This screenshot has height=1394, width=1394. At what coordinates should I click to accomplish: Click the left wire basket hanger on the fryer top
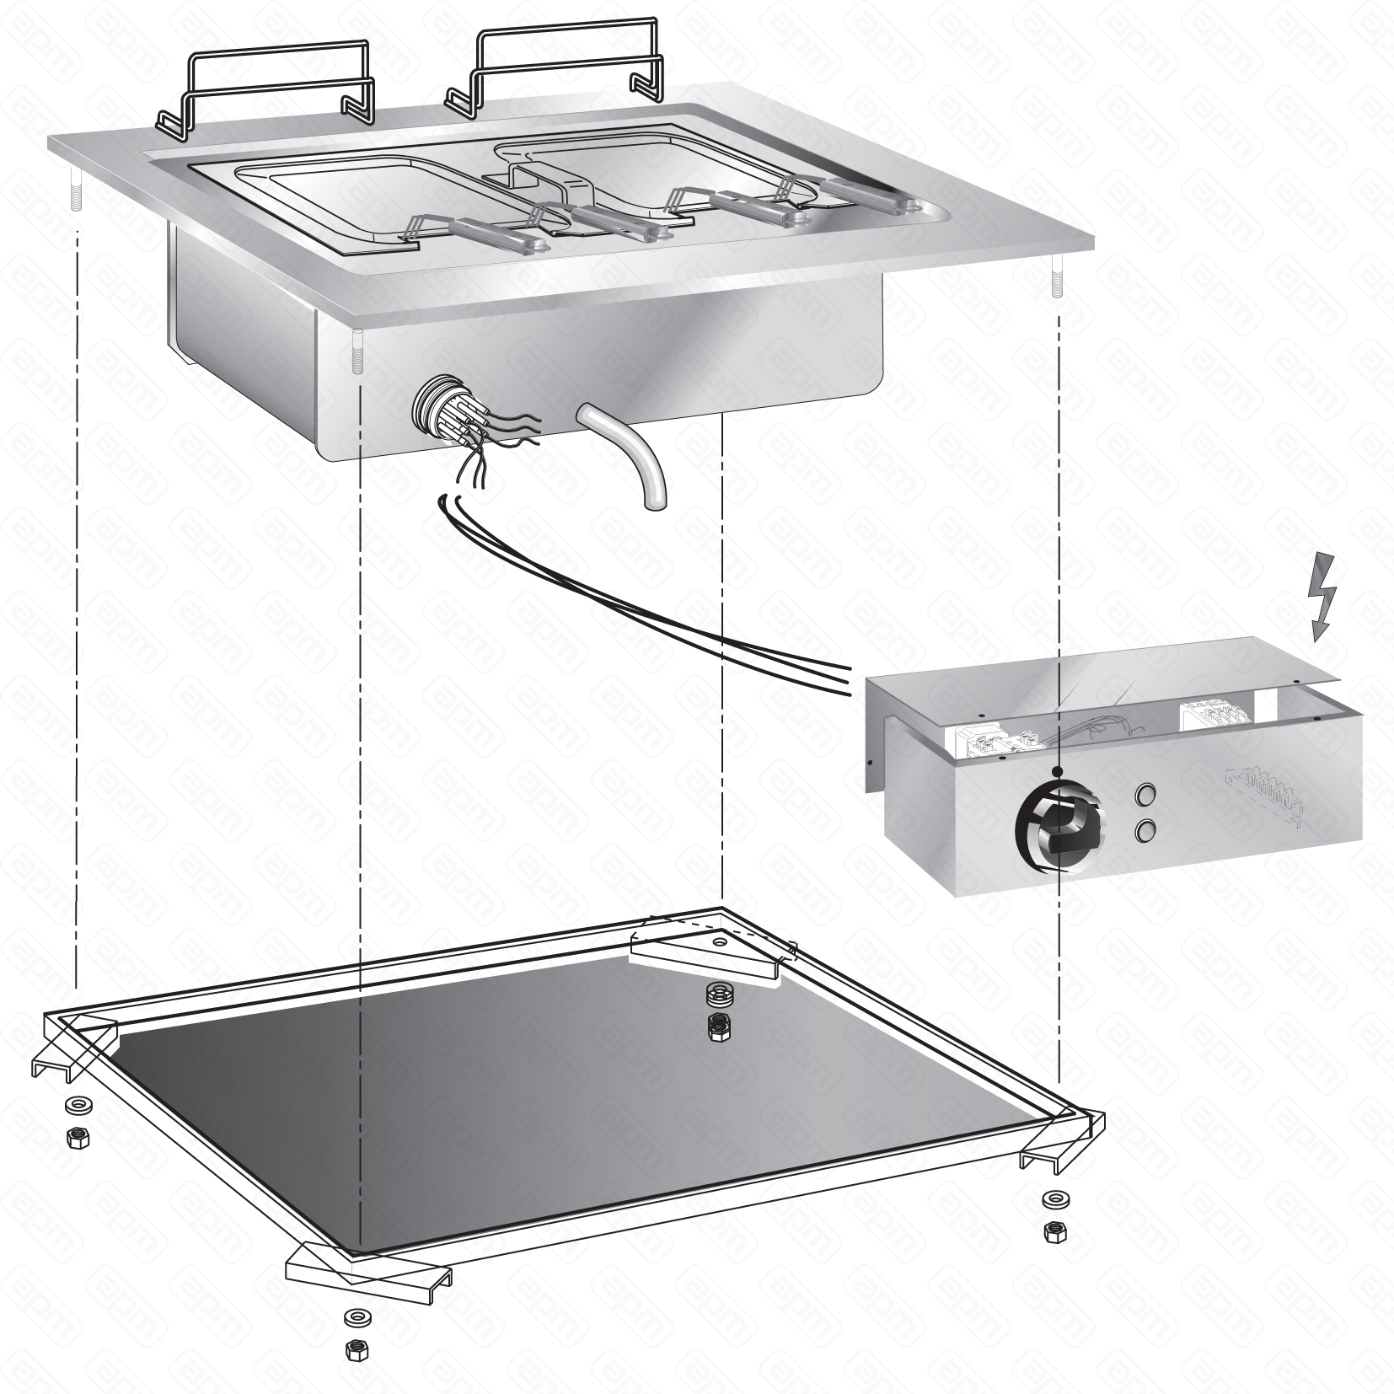pyautogui.click(x=265, y=96)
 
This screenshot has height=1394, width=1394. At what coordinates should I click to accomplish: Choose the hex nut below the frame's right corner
pyautogui.click(x=1053, y=1232)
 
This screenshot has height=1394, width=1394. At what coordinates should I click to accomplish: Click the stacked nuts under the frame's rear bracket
pyautogui.click(x=717, y=1011)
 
